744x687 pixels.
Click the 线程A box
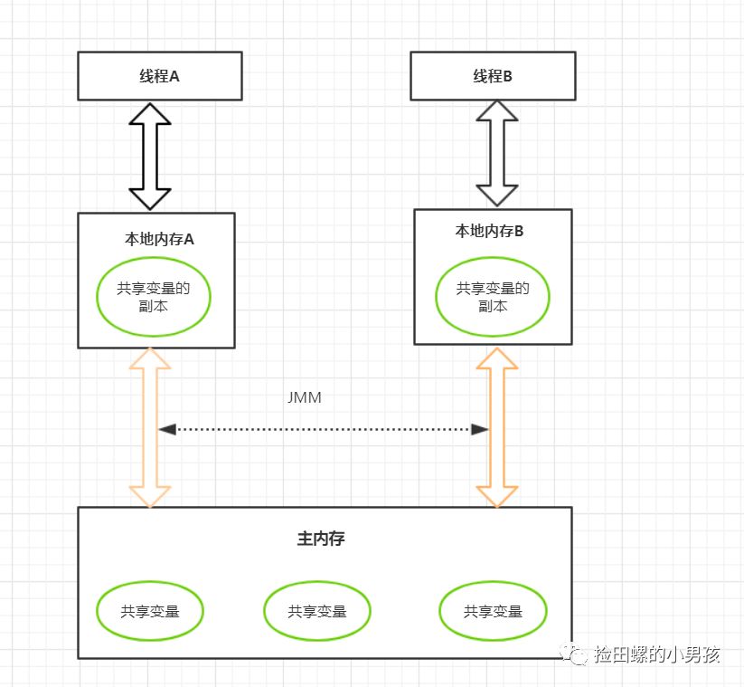[x=160, y=75]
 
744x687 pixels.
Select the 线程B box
[x=493, y=76]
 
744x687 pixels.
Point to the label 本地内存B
[x=489, y=232]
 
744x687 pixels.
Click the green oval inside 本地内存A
[x=155, y=297]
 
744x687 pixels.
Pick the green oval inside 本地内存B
[x=493, y=297]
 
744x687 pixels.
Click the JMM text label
[x=303, y=397]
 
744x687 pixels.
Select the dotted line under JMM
[x=324, y=428]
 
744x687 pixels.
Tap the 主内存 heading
[x=321, y=539]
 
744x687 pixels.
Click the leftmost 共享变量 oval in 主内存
[x=150, y=611]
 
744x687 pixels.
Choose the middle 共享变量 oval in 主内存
[x=317, y=611]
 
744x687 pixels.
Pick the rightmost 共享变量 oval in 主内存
[x=493, y=611]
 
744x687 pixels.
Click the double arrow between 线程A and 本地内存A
[x=150, y=156]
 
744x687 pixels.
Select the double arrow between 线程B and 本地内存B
[x=497, y=152]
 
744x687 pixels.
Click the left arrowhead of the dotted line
[x=165, y=428]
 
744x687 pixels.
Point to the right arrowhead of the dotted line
[x=482, y=428]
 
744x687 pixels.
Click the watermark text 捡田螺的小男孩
[x=657, y=654]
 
